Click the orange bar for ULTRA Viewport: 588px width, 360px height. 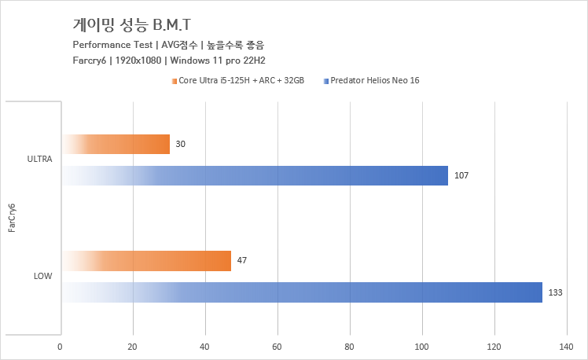[x=116, y=144]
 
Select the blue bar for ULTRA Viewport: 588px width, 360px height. [x=255, y=175]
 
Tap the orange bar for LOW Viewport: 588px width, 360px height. [x=146, y=260]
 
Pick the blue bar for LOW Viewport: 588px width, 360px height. [x=302, y=292]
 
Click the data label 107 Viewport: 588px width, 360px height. [x=461, y=175]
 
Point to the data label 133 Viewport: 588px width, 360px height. [x=556, y=292]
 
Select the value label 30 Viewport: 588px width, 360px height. [x=181, y=144]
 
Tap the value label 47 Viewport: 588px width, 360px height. [x=242, y=260]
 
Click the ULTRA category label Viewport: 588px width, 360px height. [x=39, y=160]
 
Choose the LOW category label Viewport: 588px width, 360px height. [x=43, y=276]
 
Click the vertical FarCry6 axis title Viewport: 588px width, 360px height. [x=11, y=218]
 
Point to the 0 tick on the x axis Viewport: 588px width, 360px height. [x=61, y=346]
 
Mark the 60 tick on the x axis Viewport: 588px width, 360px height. [x=277, y=346]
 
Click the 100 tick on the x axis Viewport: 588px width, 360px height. [x=423, y=346]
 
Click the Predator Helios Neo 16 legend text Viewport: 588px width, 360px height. [x=375, y=80]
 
